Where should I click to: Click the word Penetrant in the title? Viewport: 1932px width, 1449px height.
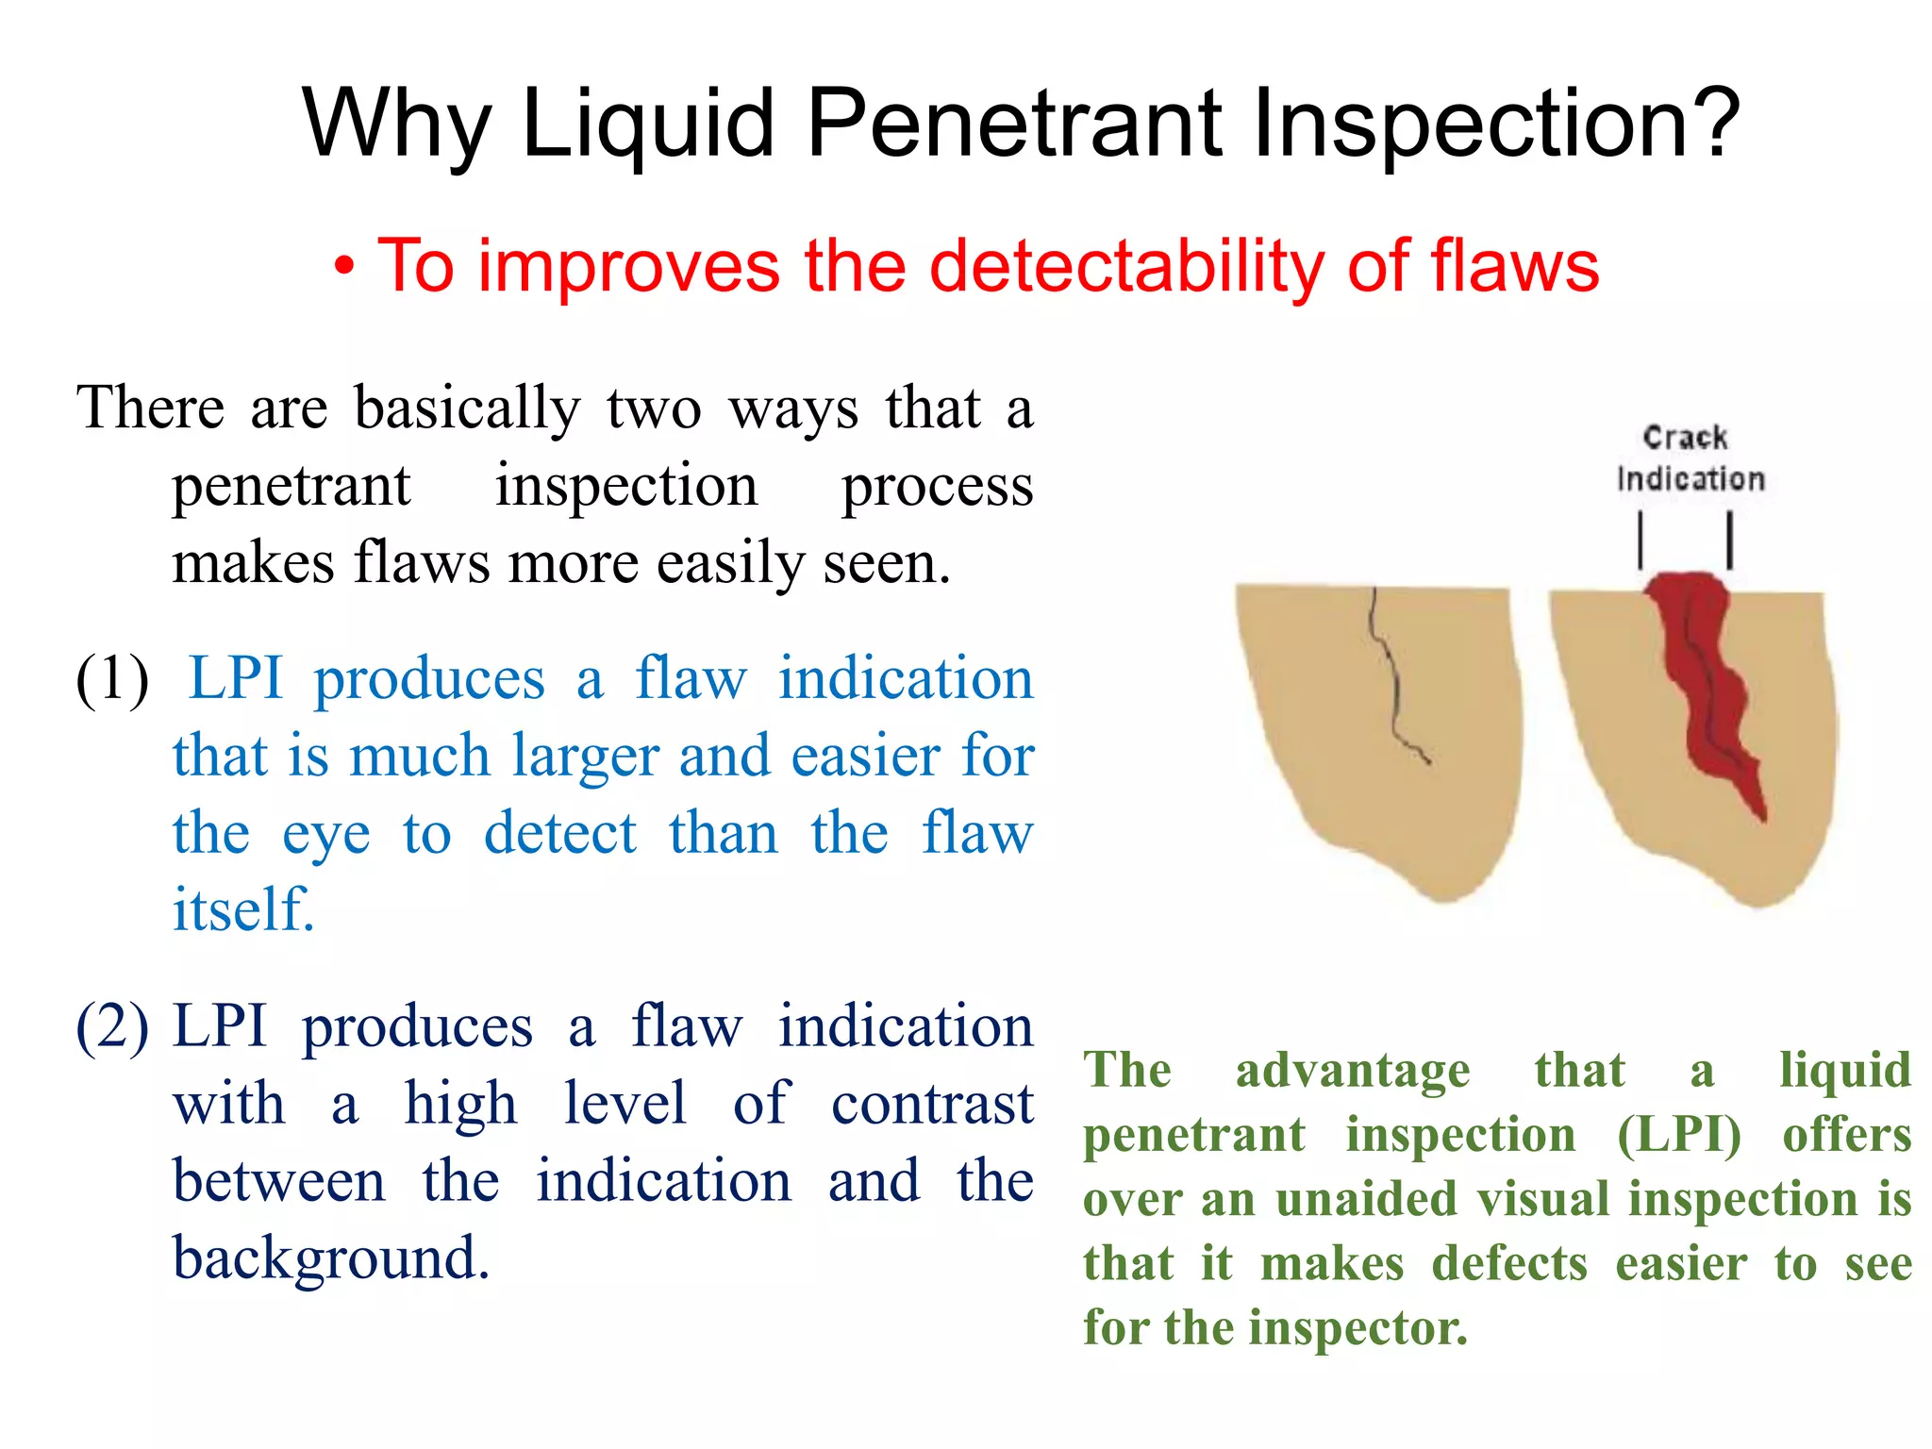click(1014, 123)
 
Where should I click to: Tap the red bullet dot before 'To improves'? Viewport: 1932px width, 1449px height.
click(345, 270)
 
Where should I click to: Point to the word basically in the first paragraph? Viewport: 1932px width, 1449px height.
click(467, 408)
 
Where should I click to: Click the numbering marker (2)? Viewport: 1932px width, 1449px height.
click(112, 1025)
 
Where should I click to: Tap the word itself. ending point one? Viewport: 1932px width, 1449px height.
click(243, 909)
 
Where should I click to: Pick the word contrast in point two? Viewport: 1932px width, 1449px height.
click(932, 1104)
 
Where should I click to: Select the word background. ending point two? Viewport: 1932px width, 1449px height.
click(331, 1258)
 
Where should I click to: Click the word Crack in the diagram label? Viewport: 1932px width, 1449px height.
click(1685, 438)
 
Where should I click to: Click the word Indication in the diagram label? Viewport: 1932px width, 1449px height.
click(1690, 479)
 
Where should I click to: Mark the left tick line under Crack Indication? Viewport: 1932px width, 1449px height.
click(1641, 540)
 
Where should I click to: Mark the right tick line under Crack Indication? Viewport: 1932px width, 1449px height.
click(1729, 540)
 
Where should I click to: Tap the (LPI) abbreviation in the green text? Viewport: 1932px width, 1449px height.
click(1678, 1134)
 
